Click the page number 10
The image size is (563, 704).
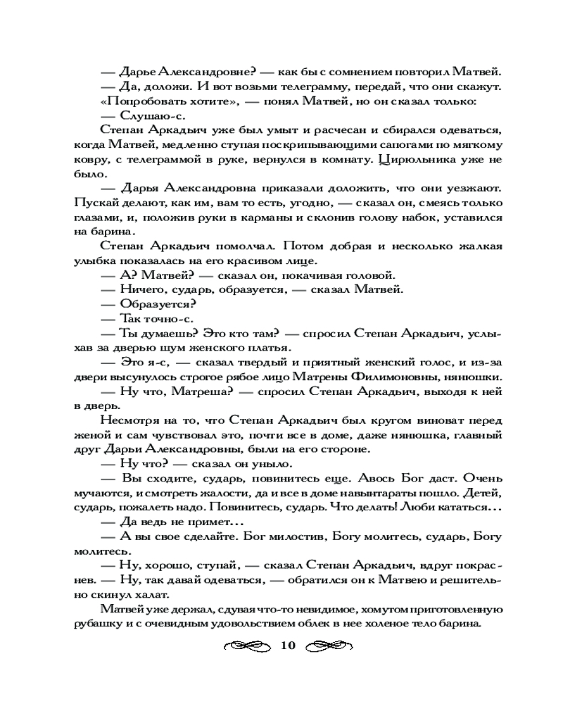[288, 645]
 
